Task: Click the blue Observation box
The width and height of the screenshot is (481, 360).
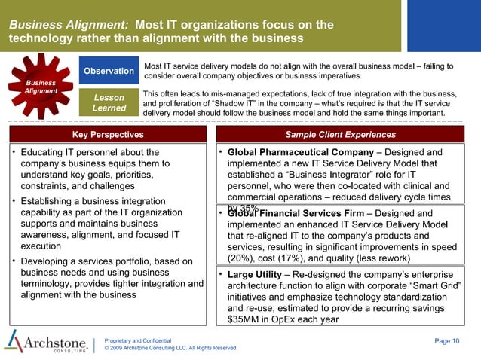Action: (109, 71)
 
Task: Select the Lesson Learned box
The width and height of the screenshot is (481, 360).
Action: (109, 102)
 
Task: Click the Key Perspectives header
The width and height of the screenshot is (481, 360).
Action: (107, 135)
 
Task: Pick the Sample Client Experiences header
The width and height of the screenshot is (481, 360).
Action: (340, 135)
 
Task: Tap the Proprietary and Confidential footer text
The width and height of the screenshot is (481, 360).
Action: (139, 341)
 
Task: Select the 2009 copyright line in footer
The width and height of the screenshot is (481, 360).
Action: (170, 349)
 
